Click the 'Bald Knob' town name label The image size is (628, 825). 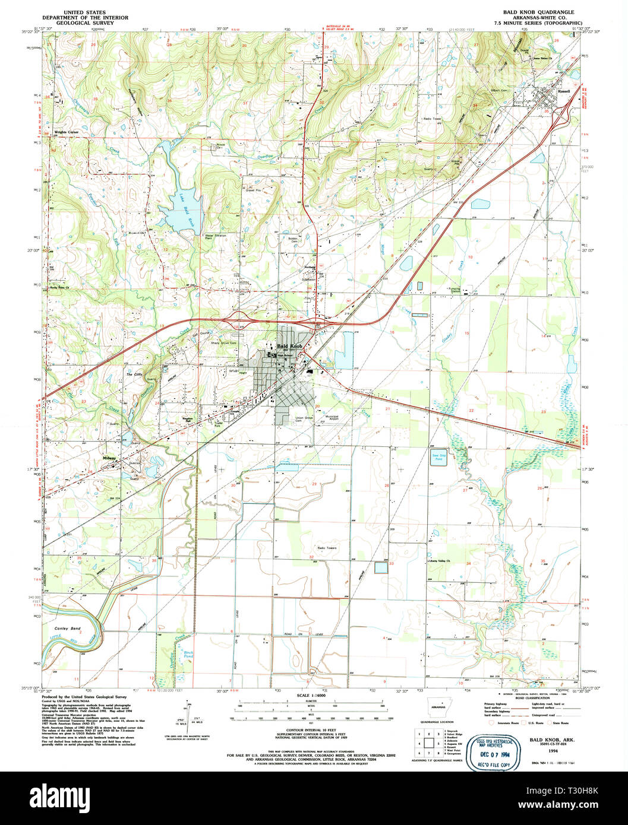(290, 346)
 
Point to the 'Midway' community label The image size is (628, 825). (110, 458)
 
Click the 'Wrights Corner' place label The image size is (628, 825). (67, 132)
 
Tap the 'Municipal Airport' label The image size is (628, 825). (332, 418)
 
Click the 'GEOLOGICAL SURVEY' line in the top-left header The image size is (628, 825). (96, 23)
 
